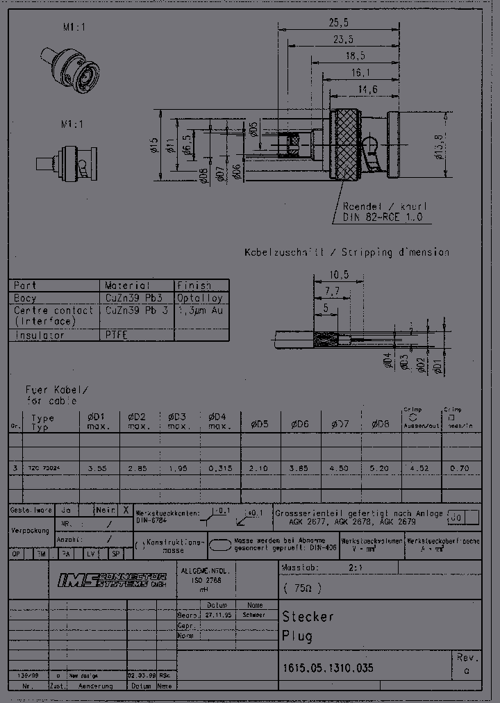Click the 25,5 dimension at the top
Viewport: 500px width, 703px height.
pyautogui.click(x=339, y=22)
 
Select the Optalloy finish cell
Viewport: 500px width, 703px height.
pyautogui.click(x=199, y=297)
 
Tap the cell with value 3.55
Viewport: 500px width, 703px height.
pyautogui.click(x=98, y=468)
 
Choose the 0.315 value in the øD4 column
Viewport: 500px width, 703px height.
pyautogui.click(x=220, y=468)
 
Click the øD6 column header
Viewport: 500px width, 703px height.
pyautogui.click(x=299, y=424)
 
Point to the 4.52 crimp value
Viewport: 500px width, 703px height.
pyautogui.click(x=420, y=468)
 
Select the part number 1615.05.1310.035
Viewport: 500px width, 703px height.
pyautogui.click(x=328, y=668)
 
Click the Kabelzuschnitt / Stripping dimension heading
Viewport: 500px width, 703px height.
pyautogui.click(x=346, y=253)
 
